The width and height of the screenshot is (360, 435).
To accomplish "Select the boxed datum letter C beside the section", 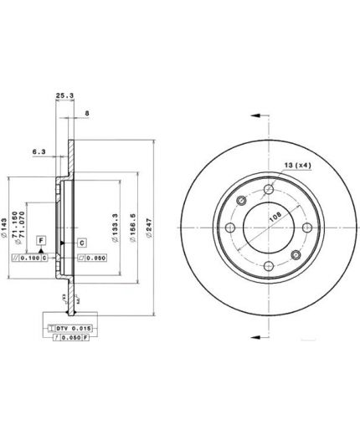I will (x=82, y=243).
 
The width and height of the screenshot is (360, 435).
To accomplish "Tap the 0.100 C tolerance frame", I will (x=39, y=258).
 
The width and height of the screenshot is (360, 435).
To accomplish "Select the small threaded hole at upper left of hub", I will (x=242, y=200).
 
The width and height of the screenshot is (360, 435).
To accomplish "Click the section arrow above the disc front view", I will (x=260, y=117).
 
